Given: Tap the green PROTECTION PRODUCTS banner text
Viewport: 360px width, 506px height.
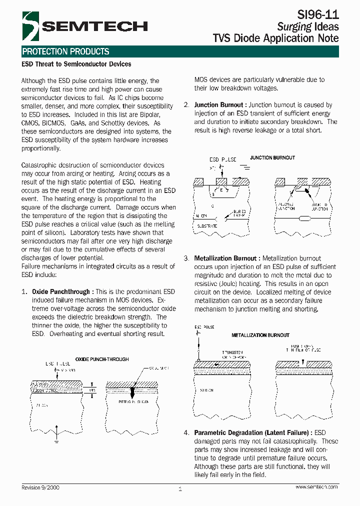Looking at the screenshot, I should (65, 51).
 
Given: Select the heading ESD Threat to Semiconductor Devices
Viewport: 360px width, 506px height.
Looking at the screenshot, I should (76, 64).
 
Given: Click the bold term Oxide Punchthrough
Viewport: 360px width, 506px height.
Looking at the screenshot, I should (61, 291).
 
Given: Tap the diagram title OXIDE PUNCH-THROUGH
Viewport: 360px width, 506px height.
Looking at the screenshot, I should (102, 359).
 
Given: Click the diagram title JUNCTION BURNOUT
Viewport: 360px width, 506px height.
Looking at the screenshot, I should (272, 157).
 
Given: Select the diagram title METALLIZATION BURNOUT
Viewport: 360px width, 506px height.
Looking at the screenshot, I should (260, 335).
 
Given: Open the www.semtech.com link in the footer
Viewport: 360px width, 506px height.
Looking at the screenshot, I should (316, 487).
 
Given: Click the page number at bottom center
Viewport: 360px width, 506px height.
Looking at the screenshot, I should (180, 489).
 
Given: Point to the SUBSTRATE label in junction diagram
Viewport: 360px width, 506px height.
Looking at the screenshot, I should (207, 226).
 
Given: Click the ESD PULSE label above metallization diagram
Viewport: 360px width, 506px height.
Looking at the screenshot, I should (204, 327).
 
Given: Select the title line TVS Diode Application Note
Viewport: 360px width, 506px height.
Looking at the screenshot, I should (275, 38).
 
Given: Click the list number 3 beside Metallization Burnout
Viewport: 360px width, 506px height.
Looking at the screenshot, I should (186, 258).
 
